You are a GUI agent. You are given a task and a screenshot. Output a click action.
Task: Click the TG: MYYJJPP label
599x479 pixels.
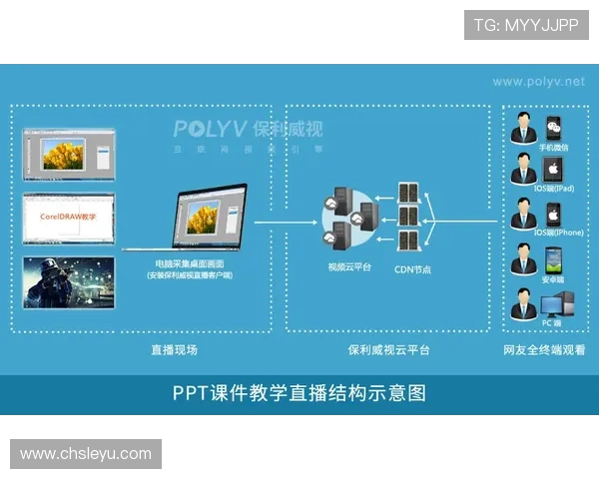(526, 25)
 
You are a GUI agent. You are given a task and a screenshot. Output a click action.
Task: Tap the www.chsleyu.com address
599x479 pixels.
(87, 454)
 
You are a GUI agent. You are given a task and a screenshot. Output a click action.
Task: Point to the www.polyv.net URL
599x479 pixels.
(538, 81)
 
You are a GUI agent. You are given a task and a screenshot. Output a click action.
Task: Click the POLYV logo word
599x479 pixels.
(211, 130)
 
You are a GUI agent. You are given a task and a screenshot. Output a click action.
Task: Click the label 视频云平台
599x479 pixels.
(349, 266)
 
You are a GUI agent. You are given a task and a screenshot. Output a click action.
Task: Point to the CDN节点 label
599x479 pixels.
(413, 267)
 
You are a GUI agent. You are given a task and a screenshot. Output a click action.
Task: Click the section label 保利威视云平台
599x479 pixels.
(388, 349)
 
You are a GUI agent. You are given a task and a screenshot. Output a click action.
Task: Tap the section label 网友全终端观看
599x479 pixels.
(544, 349)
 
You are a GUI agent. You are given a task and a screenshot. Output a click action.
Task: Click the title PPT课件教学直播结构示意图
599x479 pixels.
(299, 393)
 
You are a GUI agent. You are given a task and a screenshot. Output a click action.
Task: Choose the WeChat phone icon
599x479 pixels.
(553, 128)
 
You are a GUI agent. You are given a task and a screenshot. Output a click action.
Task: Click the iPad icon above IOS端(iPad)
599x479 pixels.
(553, 171)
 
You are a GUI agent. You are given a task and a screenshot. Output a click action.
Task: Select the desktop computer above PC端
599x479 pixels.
(553, 302)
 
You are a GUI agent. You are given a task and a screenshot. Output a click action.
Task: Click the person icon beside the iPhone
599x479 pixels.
(523, 216)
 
